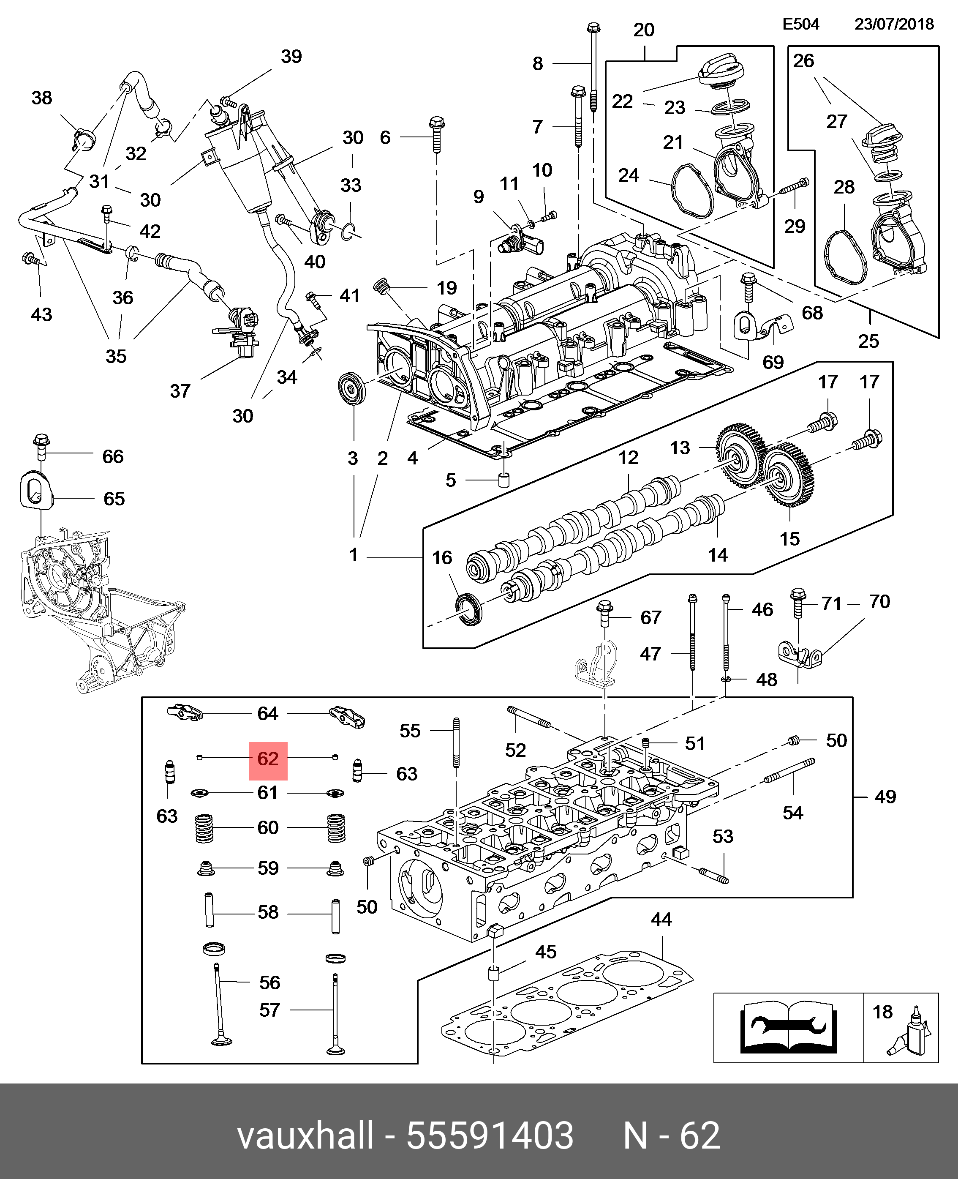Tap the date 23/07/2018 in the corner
coord(894,24)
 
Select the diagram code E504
coord(801,24)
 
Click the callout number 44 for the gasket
coord(661,920)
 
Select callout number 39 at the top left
coord(291,56)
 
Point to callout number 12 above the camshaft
coord(628,457)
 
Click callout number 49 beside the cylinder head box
coord(885,797)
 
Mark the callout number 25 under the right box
coord(868,341)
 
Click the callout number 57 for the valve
coord(269,1010)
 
